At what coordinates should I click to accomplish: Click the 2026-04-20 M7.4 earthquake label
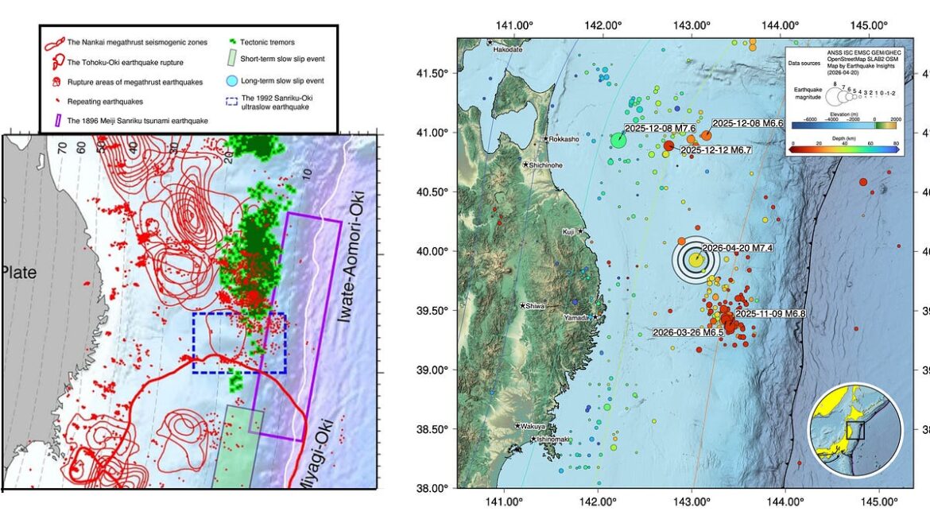pos(738,248)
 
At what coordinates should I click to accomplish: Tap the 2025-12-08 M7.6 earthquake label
pos(660,128)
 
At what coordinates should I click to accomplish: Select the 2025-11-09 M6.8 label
pos(770,314)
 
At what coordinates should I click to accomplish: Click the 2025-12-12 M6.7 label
pos(716,149)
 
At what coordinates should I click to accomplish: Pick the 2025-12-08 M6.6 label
pos(747,123)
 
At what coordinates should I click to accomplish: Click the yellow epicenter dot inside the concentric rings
pos(696,259)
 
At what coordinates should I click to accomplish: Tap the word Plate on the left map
pos(18,273)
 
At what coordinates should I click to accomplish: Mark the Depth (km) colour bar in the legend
pos(847,147)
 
